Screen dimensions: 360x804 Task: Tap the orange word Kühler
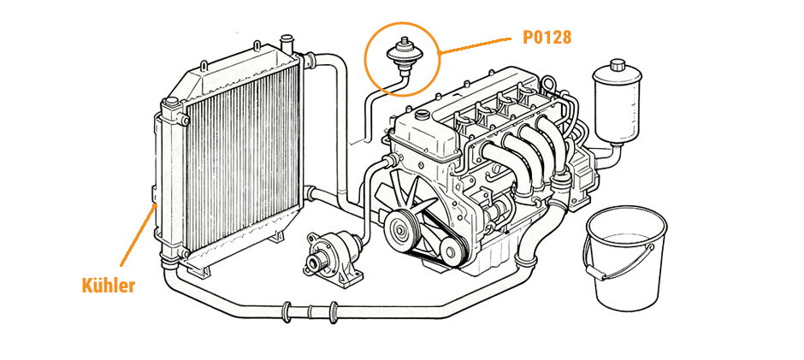point(108,285)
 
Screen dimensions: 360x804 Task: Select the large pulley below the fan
point(399,228)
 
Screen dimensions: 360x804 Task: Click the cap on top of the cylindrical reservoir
point(617,68)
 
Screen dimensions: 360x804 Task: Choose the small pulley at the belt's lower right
point(448,250)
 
